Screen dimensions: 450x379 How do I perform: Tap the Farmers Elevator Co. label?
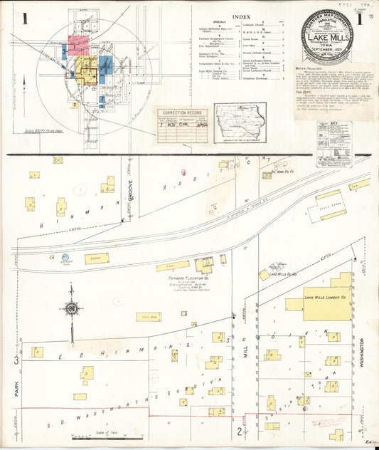coord(171,278)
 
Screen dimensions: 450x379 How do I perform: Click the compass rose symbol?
coord(71,308)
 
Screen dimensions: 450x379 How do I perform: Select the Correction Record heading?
coord(178,112)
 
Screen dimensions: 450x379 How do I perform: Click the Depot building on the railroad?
coord(96,259)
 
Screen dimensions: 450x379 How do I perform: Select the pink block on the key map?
coord(78,43)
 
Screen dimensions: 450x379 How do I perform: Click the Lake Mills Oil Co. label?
coord(282,273)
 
